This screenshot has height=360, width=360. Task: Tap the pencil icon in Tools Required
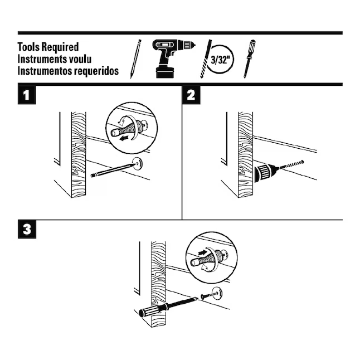pos(135,58)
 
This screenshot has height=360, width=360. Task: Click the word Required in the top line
pos(59,47)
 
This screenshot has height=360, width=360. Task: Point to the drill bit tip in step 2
pos(303,160)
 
